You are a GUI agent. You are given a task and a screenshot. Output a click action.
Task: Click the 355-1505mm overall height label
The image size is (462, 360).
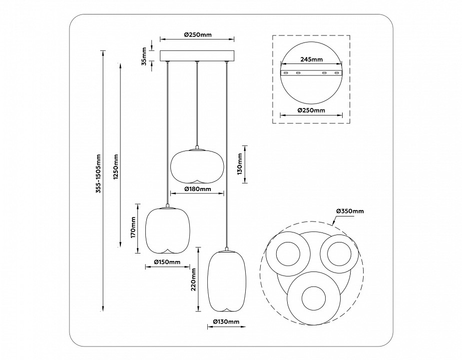point(99,173)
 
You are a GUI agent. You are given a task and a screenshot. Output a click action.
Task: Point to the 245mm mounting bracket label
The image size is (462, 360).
point(311,59)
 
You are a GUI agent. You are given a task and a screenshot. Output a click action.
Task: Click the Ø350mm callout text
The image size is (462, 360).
point(350,211)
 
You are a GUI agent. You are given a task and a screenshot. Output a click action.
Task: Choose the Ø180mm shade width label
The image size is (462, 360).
point(197,189)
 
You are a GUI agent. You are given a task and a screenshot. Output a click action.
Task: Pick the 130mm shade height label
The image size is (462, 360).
point(240,164)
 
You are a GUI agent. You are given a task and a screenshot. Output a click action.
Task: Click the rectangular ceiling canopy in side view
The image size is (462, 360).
point(197,55)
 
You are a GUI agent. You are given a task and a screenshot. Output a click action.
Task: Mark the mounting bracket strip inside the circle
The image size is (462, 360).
point(311,73)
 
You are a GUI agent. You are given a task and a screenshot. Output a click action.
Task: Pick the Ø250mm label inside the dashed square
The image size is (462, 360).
point(311,110)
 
